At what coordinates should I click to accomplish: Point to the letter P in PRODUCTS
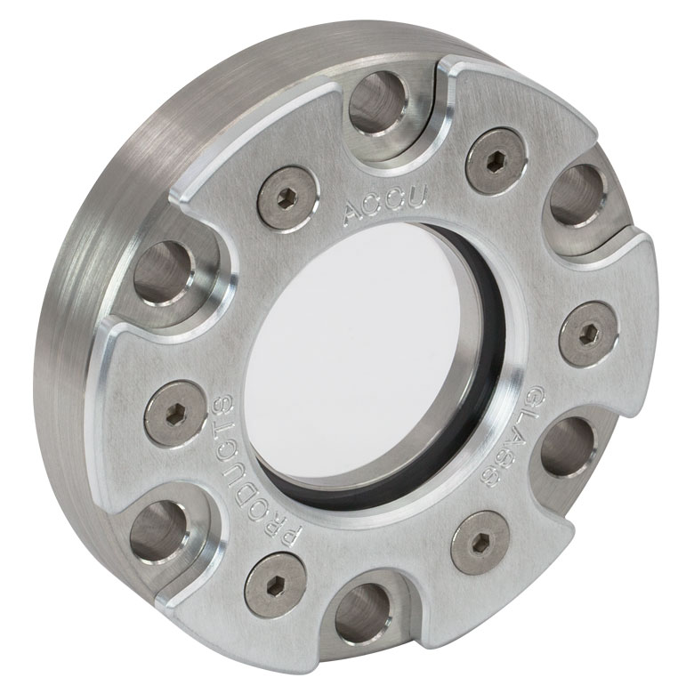291,537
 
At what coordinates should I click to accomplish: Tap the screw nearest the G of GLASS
589,335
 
